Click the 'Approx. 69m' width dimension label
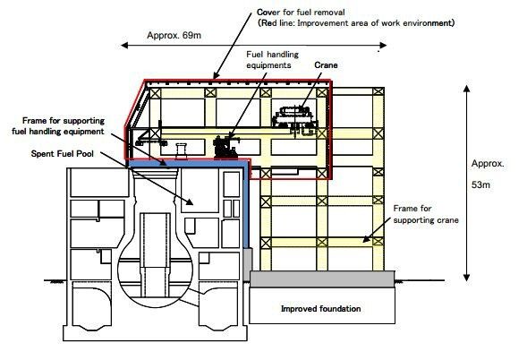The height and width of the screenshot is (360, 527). pyautogui.click(x=174, y=35)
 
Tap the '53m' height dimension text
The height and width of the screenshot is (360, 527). pyautogui.click(x=480, y=184)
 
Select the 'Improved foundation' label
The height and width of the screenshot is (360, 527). pyautogui.click(x=321, y=309)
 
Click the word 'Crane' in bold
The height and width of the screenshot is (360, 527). pyautogui.click(x=326, y=65)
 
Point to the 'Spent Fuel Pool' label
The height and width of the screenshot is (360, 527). pyautogui.click(x=63, y=154)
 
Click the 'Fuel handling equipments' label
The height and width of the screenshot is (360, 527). pyautogui.click(x=272, y=59)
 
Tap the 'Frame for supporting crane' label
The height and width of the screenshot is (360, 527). pyautogui.click(x=426, y=214)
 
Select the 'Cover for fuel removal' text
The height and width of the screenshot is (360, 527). pyautogui.click(x=301, y=13)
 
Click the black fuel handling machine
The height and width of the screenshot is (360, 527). pyautogui.click(x=225, y=147)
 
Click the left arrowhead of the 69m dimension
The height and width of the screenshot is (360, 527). pyautogui.click(x=124, y=45)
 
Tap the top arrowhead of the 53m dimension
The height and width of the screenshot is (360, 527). pyautogui.click(x=466, y=89)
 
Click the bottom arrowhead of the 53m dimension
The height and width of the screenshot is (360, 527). pyautogui.click(x=466, y=278)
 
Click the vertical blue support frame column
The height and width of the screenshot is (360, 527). pyautogui.click(x=246, y=206)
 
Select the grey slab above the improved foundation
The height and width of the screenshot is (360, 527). pyautogui.click(x=322, y=279)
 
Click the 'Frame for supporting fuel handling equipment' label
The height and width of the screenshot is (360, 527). pyautogui.click(x=58, y=126)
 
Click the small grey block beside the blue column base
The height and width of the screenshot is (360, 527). pyautogui.click(x=247, y=264)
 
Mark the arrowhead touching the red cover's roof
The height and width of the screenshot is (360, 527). pyautogui.click(x=215, y=77)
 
